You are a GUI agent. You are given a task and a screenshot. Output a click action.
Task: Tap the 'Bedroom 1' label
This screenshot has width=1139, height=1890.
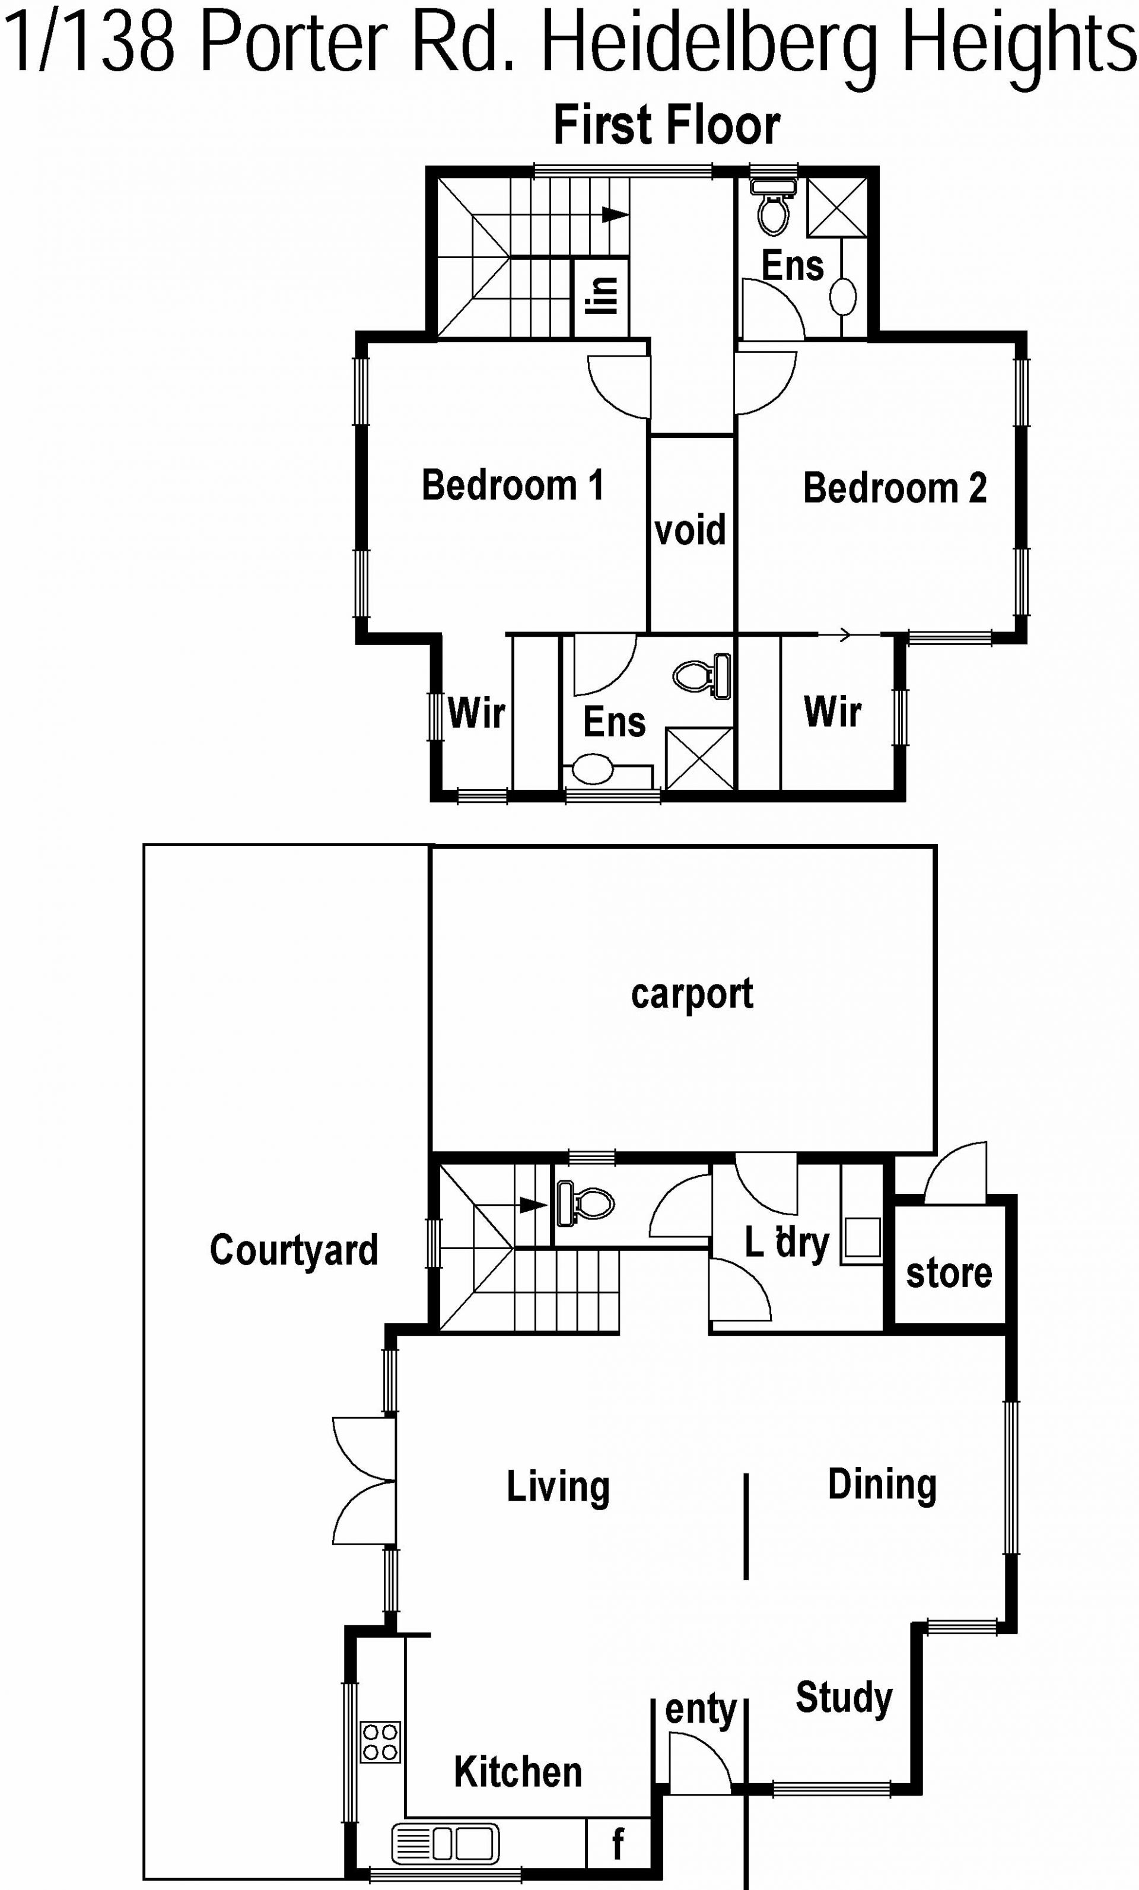pyautogui.click(x=513, y=485)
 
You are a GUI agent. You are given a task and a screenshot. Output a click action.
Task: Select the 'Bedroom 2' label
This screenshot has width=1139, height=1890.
pyautogui.click(x=895, y=488)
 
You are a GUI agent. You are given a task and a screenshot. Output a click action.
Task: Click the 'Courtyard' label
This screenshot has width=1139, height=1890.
pyautogui.click(x=294, y=1250)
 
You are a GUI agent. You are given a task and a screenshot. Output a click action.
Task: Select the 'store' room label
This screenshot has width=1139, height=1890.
pyautogui.click(x=949, y=1273)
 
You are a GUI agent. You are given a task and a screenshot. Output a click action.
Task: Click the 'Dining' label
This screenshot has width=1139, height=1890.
pyautogui.click(x=882, y=1485)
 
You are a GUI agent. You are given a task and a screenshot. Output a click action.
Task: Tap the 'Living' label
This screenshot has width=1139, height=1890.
pyautogui.click(x=558, y=1486)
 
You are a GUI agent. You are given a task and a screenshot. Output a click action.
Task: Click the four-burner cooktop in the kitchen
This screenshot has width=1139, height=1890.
pyautogui.click(x=380, y=1741)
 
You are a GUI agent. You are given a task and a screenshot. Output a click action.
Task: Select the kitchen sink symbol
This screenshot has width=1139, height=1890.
pyautogui.click(x=445, y=1844)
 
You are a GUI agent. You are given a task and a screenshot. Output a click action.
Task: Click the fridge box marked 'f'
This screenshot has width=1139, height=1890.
pyautogui.click(x=618, y=1843)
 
